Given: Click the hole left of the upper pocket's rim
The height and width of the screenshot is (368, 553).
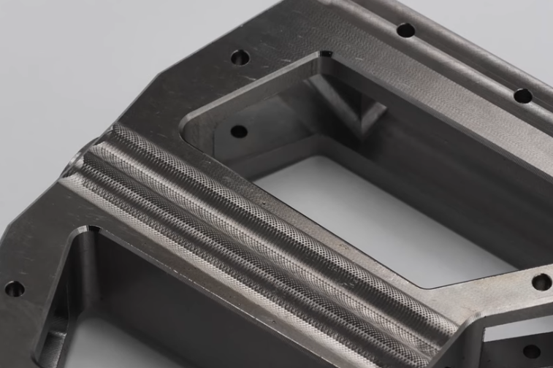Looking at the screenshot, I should [240, 57].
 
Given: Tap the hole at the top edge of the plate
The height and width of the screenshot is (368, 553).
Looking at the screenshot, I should [405, 31].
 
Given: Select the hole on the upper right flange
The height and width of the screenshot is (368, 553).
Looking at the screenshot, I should [522, 96].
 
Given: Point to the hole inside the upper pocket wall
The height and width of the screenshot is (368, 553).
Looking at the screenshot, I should [239, 132].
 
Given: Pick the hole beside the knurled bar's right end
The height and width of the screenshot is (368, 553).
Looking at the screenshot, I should [541, 282].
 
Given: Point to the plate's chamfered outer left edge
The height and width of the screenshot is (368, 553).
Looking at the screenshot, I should [29, 241].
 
